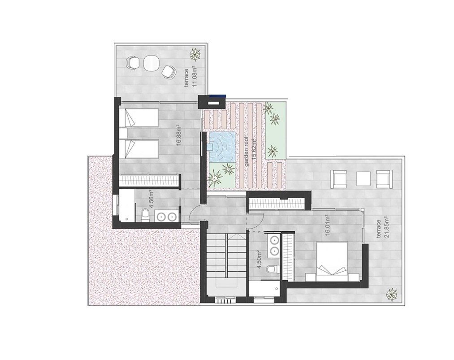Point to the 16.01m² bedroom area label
[328, 225]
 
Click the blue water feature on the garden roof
[221, 147]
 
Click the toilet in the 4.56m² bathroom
[145, 216]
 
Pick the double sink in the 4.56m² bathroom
[166, 216]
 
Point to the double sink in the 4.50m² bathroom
[274, 245]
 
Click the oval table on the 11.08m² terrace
[151, 62]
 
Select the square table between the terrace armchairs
[364, 179]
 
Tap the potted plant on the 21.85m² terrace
[392, 294]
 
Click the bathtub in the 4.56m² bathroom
[127, 206]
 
